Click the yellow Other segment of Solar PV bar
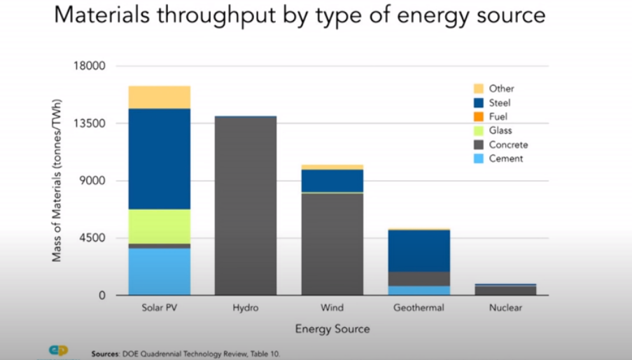point(159,97)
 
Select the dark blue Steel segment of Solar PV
point(159,158)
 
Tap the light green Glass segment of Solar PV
point(159,226)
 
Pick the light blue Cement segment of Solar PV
point(159,271)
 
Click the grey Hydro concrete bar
point(246,206)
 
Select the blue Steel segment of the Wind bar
point(332,180)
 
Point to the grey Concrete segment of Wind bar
point(332,244)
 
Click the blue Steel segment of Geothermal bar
point(419,250)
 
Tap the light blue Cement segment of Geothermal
point(419,290)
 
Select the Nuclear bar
point(505,289)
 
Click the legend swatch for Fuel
point(479,117)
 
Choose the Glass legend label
point(500,131)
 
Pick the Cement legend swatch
point(479,159)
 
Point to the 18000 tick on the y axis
point(89,67)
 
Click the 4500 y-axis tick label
point(92,238)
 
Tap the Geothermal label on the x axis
point(419,308)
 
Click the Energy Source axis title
point(332,328)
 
